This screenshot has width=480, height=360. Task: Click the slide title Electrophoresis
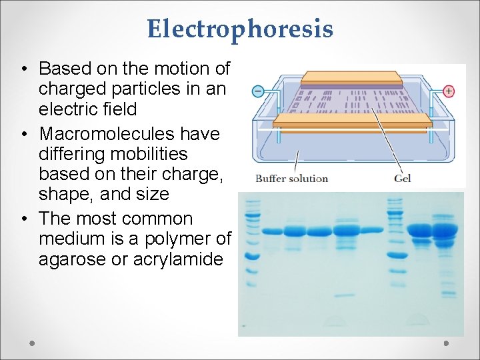(240, 29)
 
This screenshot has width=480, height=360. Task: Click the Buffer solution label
(291, 178)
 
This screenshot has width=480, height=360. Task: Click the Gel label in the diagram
(402, 178)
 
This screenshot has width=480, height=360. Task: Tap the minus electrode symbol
(257, 91)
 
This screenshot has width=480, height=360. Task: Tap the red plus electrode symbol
(449, 91)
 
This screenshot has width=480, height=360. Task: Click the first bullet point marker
(23, 69)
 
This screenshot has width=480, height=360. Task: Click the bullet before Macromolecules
(23, 135)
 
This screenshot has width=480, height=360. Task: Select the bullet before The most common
(23, 219)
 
